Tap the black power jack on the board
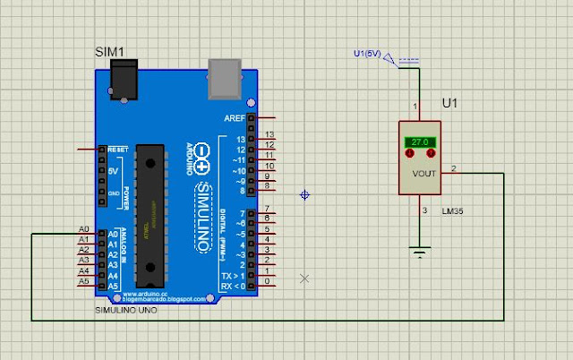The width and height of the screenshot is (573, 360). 123,81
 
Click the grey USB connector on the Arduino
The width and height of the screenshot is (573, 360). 224,81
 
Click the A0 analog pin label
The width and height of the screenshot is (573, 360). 84,230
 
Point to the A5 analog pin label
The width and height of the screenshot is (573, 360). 84,281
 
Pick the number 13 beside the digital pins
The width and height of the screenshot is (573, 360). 269,134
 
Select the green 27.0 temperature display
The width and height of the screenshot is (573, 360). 419,141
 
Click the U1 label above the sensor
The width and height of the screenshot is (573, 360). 450,103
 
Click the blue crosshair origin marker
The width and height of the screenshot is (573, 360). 305,194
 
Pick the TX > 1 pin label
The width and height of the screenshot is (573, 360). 236,276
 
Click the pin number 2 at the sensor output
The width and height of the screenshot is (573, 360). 453,167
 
